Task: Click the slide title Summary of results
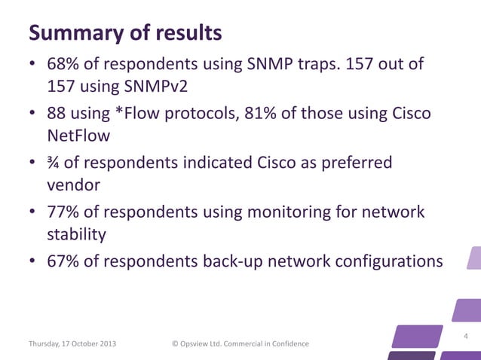pyautogui.click(x=125, y=33)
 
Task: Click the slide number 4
pyautogui.click(x=466, y=336)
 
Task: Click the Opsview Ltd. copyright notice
pyautogui.click(x=240, y=344)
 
